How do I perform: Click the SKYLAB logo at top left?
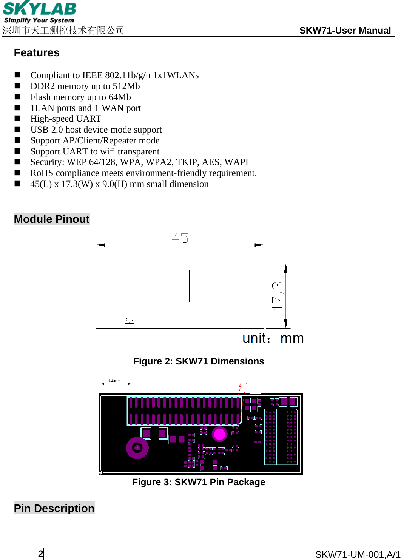39,12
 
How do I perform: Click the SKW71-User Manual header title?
345,31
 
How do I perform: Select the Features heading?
37,52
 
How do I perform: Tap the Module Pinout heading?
52,219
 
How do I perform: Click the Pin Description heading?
54,508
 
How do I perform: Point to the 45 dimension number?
180,238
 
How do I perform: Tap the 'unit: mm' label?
273,338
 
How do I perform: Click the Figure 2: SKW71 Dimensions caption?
199,361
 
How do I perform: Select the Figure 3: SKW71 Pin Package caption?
199,482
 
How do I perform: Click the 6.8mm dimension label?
115,381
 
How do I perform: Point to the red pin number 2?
240,385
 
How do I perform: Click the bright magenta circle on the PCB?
219,434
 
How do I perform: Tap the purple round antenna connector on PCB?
137,448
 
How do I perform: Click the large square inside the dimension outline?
205,286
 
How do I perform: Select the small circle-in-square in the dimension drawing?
130,319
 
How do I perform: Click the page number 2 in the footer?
40,554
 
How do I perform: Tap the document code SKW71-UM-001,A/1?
358,554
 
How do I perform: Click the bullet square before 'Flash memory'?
17,97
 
